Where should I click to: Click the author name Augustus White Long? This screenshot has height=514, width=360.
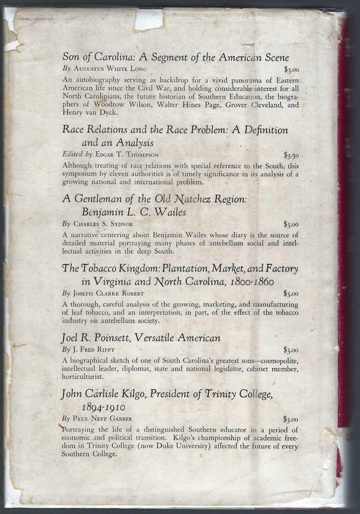pyautogui.click(x=111, y=69)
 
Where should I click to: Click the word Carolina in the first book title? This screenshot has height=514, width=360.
pyautogui.click(x=115, y=57)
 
